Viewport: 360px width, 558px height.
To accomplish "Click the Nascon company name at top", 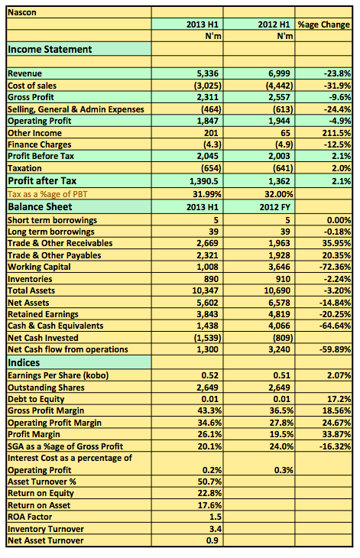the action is click(x=22, y=12).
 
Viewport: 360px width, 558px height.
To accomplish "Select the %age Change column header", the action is click(x=324, y=24).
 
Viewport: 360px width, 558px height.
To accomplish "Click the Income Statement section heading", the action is click(x=50, y=49).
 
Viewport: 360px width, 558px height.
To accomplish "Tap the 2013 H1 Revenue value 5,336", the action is click(x=208, y=73).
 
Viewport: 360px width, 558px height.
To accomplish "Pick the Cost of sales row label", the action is click(x=32, y=86).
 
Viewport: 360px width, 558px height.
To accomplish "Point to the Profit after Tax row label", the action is click(x=42, y=181).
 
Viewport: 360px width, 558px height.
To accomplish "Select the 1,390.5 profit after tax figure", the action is click(x=204, y=181).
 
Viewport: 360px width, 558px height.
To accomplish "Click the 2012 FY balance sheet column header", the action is click(x=274, y=207).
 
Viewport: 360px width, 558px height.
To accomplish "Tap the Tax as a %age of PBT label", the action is click(x=47, y=194).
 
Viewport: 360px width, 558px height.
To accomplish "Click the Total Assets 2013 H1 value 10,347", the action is click(x=206, y=290).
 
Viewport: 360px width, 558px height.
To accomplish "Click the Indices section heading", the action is click(x=24, y=362).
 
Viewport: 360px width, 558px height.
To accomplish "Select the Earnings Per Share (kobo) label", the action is click(x=58, y=375).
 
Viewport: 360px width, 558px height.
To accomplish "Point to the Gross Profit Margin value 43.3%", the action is click(x=209, y=410).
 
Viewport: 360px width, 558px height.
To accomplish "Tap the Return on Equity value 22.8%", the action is click(x=209, y=493).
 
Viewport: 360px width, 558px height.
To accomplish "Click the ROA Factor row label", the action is click(x=30, y=517).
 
